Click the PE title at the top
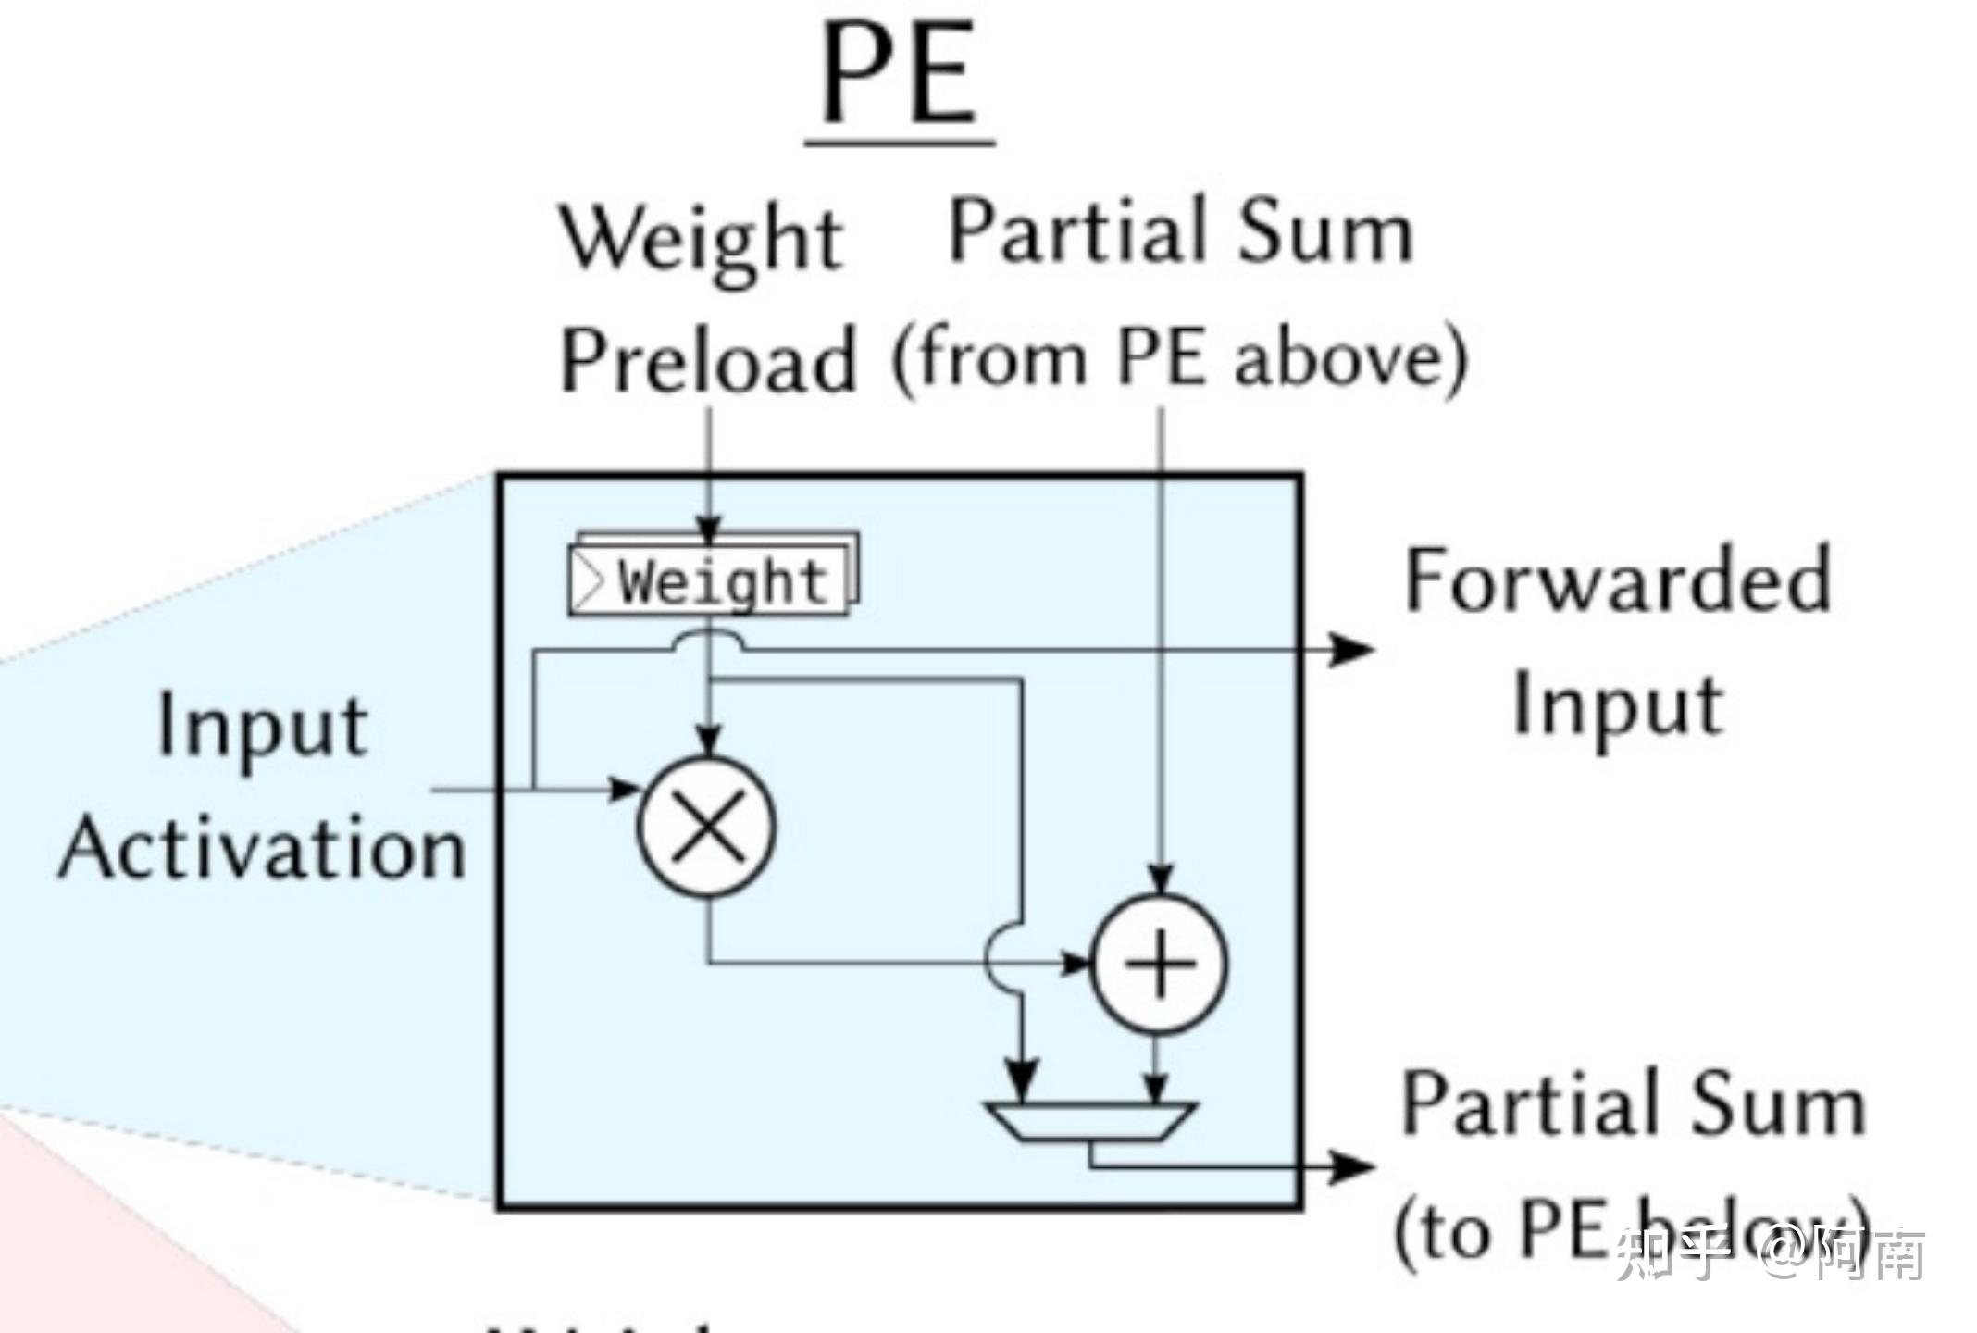[900, 74]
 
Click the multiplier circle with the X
[707, 826]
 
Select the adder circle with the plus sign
[1161, 965]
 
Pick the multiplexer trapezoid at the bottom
[1090, 1121]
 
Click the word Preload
[709, 361]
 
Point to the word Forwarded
[1618, 581]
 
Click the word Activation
[263, 850]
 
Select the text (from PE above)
[1179, 359]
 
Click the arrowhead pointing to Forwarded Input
[1353, 650]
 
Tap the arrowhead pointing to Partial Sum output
[1353, 1166]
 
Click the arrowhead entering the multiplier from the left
[624, 790]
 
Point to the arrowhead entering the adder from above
[1162, 878]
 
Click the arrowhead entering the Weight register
[709, 531]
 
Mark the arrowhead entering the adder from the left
[1076, 964]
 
